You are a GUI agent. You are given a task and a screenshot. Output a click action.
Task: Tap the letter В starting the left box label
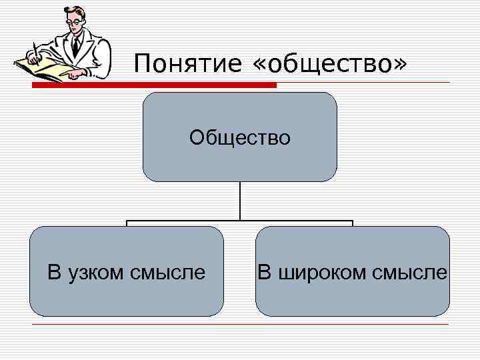54,272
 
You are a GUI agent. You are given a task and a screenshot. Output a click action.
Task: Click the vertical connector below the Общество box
240,201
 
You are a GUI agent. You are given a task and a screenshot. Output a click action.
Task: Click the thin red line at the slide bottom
240,325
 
